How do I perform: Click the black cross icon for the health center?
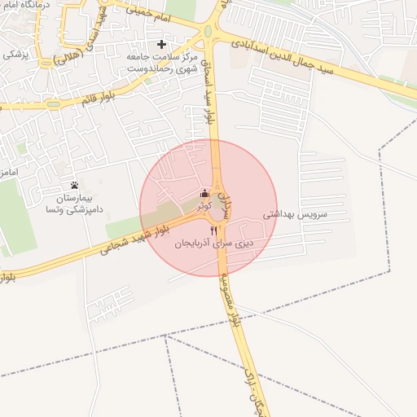pyautogui.click(x=161, y=44)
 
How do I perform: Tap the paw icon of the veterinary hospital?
pyautogui.click(x=74, y=185)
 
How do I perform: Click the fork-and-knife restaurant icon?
pyautogui.click(x=214, y=230)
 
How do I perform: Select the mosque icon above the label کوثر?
pyautogui.click(x=204, y=194)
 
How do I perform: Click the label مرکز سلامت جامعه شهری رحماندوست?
pyautogui.click(x=162, y=64)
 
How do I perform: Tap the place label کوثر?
pyautogui.click(x=204, y=207)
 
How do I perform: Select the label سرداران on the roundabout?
pyautogui.click(x=227, y=200)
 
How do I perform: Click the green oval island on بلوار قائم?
pyautogui.click(x=54, y=104)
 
